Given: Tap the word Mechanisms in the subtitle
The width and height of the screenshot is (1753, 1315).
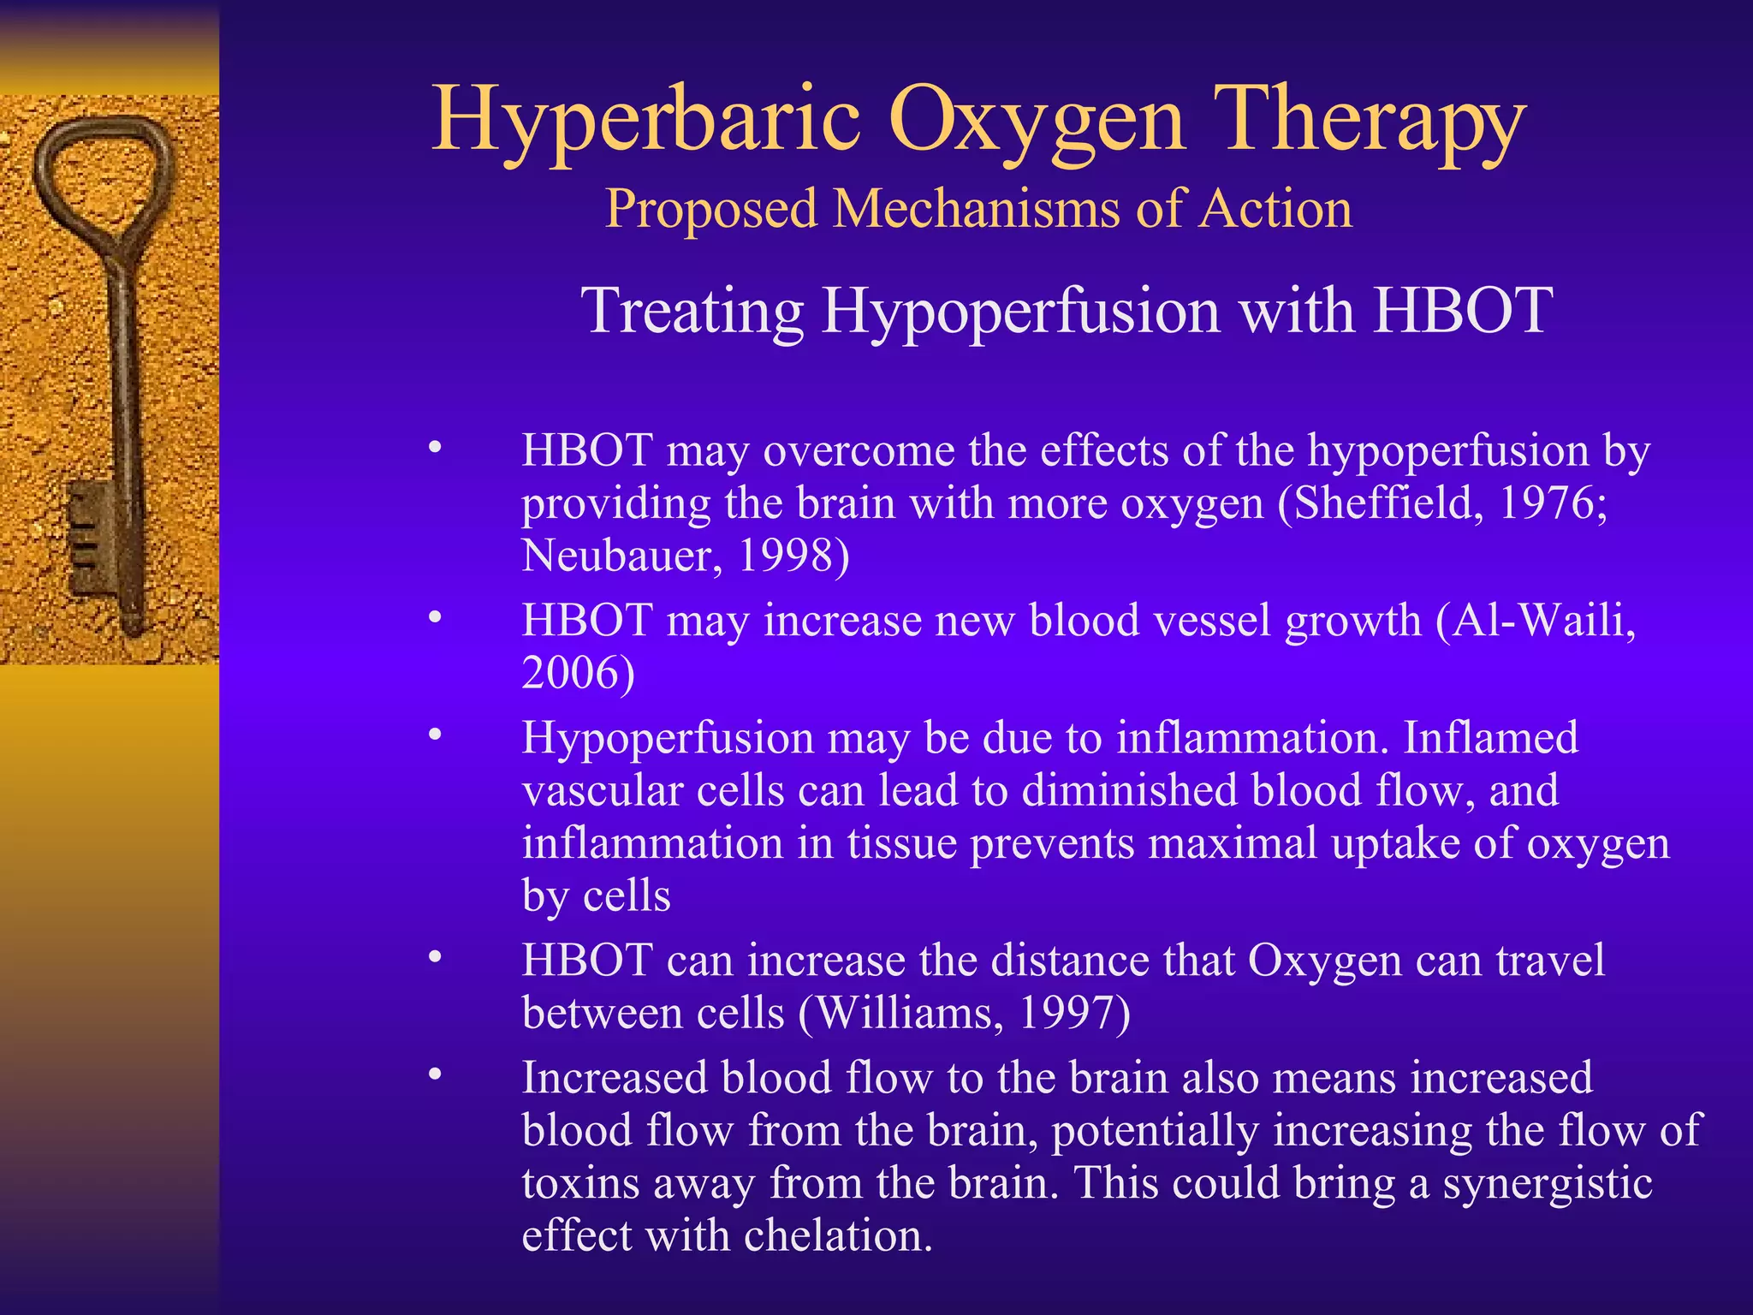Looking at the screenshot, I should pos(976,209).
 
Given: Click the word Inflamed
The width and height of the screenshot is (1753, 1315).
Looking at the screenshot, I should pos(1490,737).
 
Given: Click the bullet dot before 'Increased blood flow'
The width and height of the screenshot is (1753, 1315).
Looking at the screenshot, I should pos(436,1074).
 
